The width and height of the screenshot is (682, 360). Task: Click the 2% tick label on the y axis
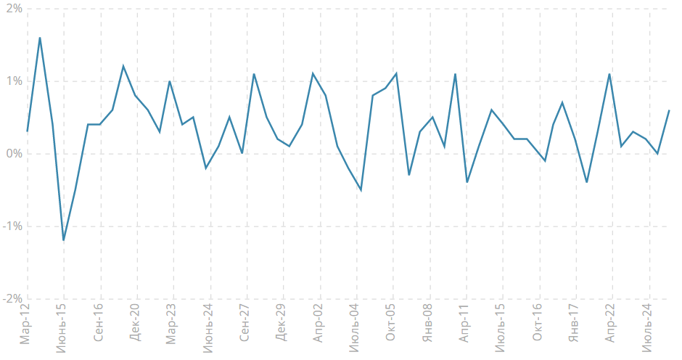click(12, 9)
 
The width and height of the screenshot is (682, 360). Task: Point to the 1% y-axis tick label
click(12, 81)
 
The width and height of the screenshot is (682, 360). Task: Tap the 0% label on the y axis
click(12, 154)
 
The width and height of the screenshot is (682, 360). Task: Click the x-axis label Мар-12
click(26, 324)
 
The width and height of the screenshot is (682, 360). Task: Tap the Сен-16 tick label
click(99, 324)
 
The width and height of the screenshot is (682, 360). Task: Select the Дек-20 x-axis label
click(136, 324)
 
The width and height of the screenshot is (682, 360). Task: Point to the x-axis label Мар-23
click(172, 324)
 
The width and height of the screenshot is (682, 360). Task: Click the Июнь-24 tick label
click(209, 329)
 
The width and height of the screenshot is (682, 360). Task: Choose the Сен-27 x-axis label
click(245, 324)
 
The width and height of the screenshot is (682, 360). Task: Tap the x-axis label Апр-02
click(319, 324)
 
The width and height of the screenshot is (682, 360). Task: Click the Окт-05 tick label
click(392, 324)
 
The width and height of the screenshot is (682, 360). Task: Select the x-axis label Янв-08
click(428, 324)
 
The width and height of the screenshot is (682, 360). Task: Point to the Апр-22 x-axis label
click(611, 324)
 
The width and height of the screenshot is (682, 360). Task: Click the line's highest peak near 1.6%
click(39, 38)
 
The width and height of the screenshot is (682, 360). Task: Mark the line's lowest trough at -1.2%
click(63, 240)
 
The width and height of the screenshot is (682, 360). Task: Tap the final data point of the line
click(669, 110)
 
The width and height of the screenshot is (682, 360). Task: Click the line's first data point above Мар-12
click(28, 131)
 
